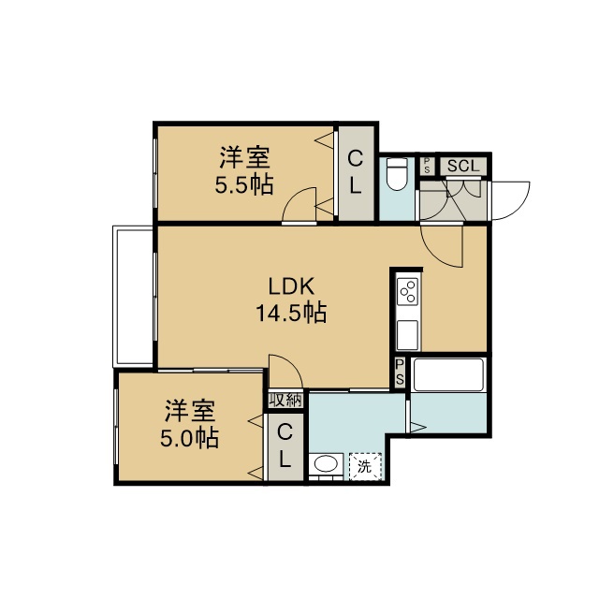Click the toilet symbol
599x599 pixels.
point(397,174)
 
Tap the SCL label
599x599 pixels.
point(463,167)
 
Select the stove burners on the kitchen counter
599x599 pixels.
point(408,291)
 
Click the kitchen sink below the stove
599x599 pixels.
point(408,335)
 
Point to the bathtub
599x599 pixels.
point(448,374)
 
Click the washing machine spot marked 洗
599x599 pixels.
point(365,466)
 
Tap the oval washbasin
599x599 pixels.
point(326,465)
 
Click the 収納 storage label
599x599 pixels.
point(285,401)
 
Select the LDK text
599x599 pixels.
point(291,286)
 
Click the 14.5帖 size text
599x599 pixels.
point(291,313)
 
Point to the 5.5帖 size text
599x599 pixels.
point(244,185)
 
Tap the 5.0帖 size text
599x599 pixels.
point(189,438)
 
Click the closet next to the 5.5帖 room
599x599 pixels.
point(356,173)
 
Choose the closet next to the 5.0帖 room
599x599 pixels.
point(285,447)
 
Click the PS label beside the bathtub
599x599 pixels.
point(400,372)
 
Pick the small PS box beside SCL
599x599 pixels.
point(427,167)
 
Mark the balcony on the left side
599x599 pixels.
point(133,296)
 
